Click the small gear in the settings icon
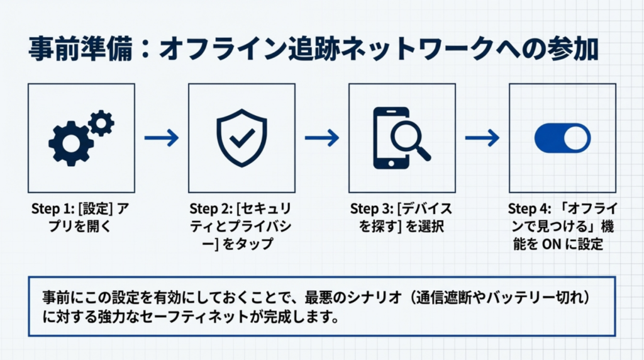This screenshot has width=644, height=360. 101,122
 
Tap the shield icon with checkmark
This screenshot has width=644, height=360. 241,137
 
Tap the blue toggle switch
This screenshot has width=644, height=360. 562,138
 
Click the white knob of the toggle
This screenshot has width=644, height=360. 577,138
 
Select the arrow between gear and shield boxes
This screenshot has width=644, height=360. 162,138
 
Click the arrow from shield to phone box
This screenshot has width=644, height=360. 322,138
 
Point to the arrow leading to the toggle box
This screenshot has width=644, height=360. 482,138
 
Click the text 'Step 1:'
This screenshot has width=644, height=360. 52,210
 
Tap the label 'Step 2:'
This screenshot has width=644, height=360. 211,210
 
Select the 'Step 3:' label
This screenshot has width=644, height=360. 371,210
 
